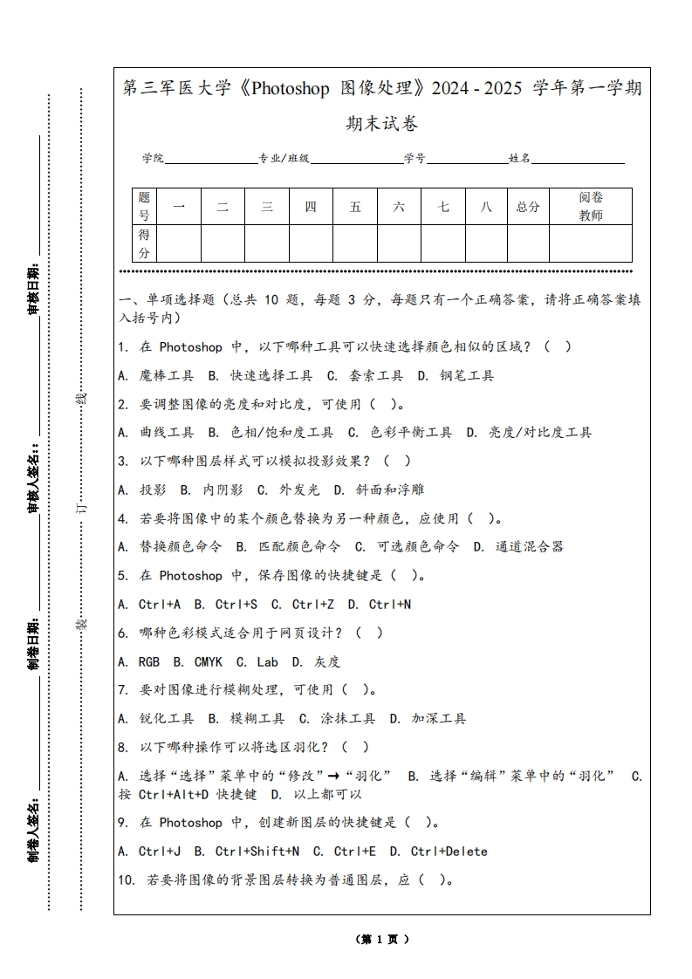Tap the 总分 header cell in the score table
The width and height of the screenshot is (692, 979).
point(528,207)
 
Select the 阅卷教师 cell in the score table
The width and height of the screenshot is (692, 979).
point(591,207)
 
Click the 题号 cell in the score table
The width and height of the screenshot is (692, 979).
point(144,207)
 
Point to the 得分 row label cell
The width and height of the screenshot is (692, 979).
point(144,243)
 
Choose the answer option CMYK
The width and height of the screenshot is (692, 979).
point(208,661)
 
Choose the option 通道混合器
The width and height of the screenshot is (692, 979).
point(529,546)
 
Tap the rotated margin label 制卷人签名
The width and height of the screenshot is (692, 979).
point(34,828)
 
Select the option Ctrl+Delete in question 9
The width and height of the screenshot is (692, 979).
point(449,851)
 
